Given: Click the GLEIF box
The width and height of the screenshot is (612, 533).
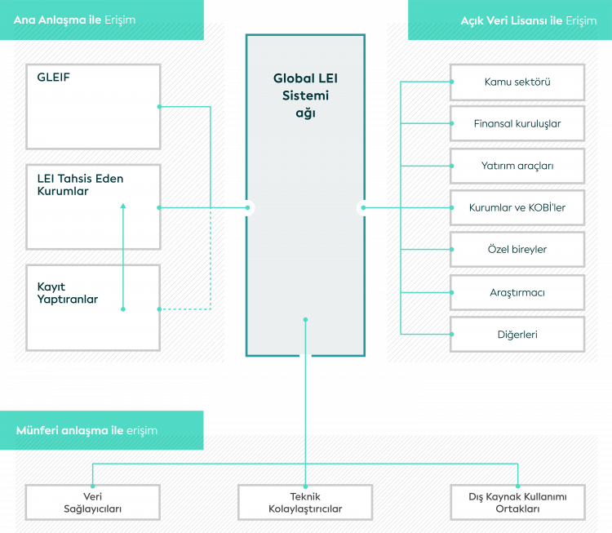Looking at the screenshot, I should tap(93, 106).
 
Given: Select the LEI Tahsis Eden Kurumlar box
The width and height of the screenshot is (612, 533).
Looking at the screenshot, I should tap(93, 207).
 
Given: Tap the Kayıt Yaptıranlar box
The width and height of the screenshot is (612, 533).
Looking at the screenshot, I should tap(93, 307).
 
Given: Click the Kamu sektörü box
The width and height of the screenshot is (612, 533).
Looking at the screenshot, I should tap(517, 82).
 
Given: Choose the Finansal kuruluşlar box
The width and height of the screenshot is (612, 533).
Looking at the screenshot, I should tap(517, 124).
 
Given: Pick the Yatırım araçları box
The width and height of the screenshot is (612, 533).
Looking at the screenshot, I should tap(517, 166).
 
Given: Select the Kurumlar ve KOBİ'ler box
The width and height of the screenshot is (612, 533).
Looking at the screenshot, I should tap(517, 207).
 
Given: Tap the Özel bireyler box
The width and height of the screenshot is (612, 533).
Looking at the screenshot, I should tap(517, 249).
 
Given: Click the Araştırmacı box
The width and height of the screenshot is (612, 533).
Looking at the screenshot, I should tap(517, 291).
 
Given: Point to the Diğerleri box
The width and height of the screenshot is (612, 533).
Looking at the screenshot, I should tap(517, 334).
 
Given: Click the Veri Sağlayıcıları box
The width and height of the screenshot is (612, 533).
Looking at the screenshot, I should tap(93, 502).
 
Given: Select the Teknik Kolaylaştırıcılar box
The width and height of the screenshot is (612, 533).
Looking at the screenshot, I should tap(305, 502).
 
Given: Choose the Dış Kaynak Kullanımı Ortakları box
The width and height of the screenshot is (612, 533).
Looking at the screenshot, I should tap(517, 502).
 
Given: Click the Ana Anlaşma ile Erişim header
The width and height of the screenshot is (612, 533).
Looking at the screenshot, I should tap(102, 20).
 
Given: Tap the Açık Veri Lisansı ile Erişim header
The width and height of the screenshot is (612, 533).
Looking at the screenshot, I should tap(510, 20).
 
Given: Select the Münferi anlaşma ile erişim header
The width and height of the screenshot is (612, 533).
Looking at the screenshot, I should tap(102, 430).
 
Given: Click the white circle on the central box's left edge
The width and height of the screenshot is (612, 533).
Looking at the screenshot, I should tap(247, 207).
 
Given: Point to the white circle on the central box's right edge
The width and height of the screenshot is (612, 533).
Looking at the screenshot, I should tap(364, 207).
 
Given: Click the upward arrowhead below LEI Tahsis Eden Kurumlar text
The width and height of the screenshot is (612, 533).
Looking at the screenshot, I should tap(123, 206).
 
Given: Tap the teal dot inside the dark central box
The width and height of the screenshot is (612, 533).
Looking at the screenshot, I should tap(305, 319).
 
